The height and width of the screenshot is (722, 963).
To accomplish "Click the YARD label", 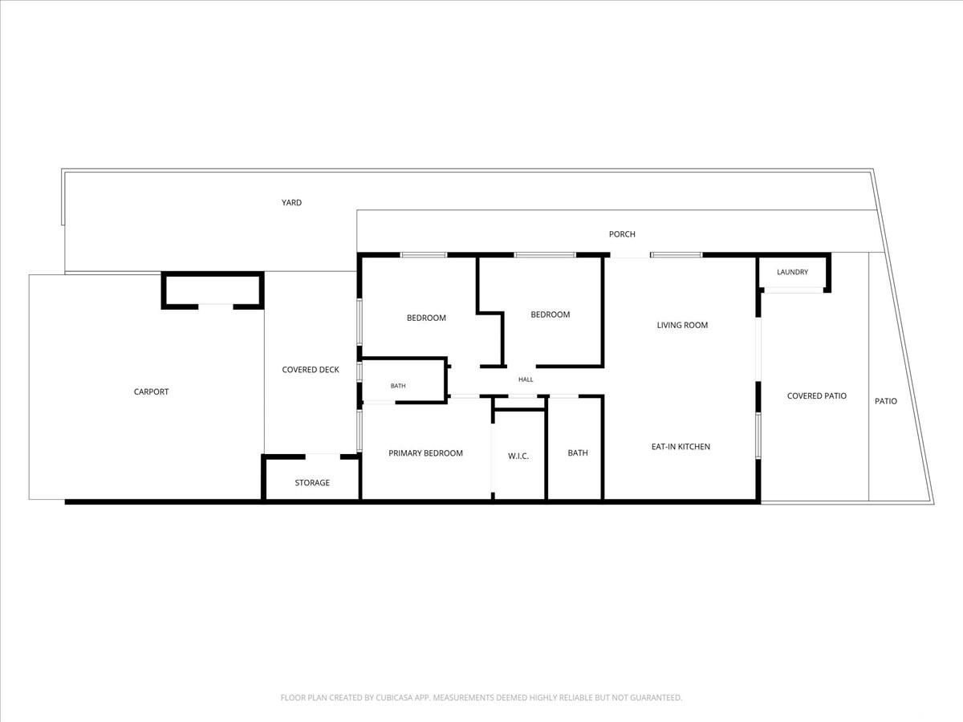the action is [291, 202].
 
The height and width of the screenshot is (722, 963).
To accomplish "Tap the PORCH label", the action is [622, 234].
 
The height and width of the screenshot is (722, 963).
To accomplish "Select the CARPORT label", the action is [151, 391].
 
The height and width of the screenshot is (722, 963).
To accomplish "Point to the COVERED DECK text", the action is [311, 370].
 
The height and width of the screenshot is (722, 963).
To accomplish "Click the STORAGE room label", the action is [312, 483].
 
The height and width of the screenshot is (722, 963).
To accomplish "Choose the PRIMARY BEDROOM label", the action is [425, 452].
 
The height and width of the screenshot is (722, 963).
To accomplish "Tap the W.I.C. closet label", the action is [518, 456].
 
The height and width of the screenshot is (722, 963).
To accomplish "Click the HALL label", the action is [526, 379].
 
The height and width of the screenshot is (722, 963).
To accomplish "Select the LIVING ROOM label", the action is [682, 325].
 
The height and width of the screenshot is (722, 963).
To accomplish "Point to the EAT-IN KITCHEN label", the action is [681, 446].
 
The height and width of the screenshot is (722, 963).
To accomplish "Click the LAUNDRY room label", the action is [792, 272].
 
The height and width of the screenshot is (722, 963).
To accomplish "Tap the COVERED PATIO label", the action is [816, 395].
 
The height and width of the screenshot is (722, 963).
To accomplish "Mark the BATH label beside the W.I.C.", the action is [577, 452].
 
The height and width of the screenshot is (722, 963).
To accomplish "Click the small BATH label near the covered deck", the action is [398, 386].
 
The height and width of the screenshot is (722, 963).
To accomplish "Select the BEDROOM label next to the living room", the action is [551, 314].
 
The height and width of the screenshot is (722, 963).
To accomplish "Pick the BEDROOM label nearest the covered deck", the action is [426, 318].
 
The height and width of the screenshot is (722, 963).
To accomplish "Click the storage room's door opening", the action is [323, 456].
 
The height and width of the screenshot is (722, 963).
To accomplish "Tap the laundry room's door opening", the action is [793, 290].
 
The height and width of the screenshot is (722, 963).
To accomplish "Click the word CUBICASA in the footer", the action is [394, 697].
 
